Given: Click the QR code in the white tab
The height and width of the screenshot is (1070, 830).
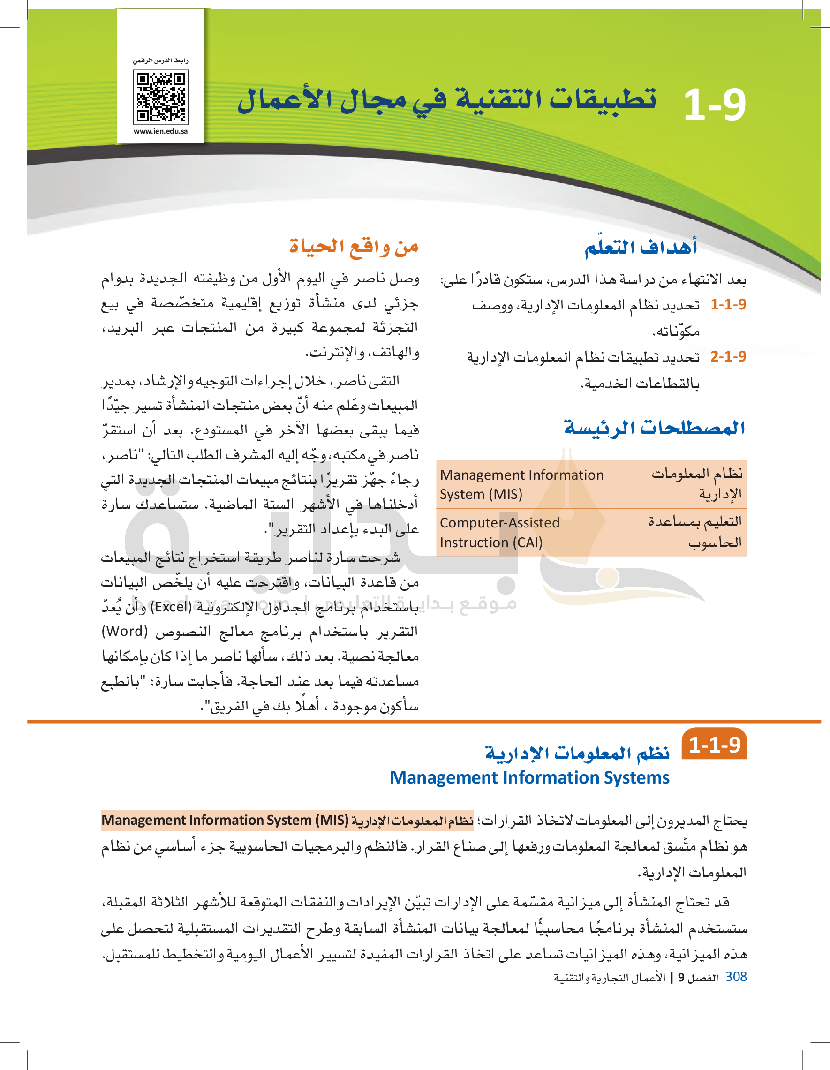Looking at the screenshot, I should [x=161, y=97].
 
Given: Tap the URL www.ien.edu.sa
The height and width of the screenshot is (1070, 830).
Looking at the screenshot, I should [x=161, y=131].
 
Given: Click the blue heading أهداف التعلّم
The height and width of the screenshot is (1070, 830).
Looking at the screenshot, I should [x=641, y=247].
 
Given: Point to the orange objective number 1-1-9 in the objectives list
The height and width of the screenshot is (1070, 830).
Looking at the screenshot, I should [x=728, y=305].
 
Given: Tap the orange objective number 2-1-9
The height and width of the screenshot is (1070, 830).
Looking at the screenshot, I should [x=728, y=356].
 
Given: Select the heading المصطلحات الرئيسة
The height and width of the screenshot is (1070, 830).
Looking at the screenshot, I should [x=654, y=428].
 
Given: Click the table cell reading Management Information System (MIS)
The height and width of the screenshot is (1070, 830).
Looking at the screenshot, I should [x=521, y=484].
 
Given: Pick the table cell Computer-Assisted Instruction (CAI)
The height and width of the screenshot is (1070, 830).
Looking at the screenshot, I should [x=499, y=533].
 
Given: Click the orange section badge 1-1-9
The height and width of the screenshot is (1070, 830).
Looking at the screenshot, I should [x=714, y=745].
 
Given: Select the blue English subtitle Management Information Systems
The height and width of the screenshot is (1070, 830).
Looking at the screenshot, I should [x=529, y=777].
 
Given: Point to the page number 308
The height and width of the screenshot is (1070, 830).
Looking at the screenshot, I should [x=735, y=977].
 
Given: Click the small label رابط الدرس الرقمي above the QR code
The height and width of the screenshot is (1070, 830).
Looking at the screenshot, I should [x=161, y=61].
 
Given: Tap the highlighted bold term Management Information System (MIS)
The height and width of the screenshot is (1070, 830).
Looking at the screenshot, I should [x=225, y=820].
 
